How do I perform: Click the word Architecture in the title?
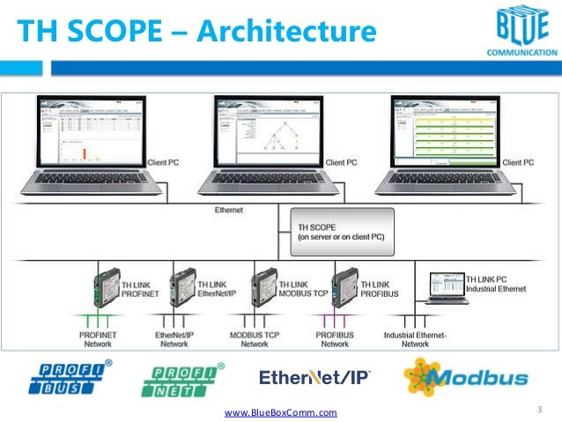pyautogui.click(x=287, y=32)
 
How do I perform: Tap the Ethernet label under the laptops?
pyautogui.click(x=230, y=211)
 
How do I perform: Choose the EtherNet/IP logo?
pyautogui.click(x=315, y=377)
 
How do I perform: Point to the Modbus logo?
pyautogui.click(x=467, y=377)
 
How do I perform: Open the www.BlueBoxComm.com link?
pyautogui.click(x=281, y=411)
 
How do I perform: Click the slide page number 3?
pyautogui.click(x=538, y=410)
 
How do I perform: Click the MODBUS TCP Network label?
pyautogui.click(x=255, y=339)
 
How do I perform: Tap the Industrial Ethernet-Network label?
pyautogui.click(x=416, y=339)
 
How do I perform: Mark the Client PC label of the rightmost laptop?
pyautogui.click(x=517, y=162)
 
